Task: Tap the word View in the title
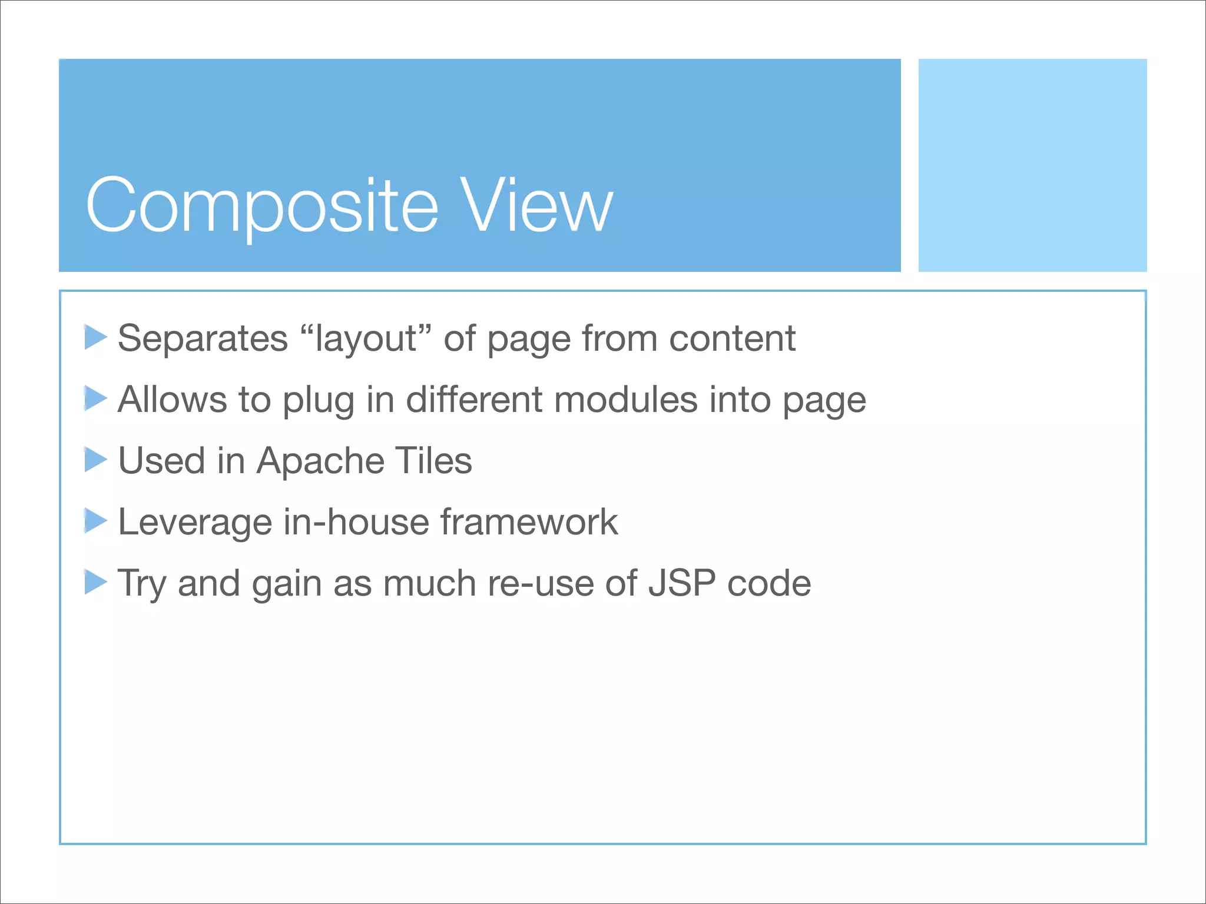[x=536, y=206]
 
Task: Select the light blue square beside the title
[x=1032, y=165]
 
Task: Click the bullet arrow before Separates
[x=95, y=337]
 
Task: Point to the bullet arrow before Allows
[x=95, y=398]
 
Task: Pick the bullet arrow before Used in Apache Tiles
[x=95, y=460]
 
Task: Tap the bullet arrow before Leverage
[x=95, y=521]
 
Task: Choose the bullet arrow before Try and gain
[x=95, y=582]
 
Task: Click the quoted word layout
[x=366, y=340]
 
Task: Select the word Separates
[x=203, y=340]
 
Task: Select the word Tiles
[x=433, y=461]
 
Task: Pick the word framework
[x=529, y=522]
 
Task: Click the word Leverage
[x=194, y=523]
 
